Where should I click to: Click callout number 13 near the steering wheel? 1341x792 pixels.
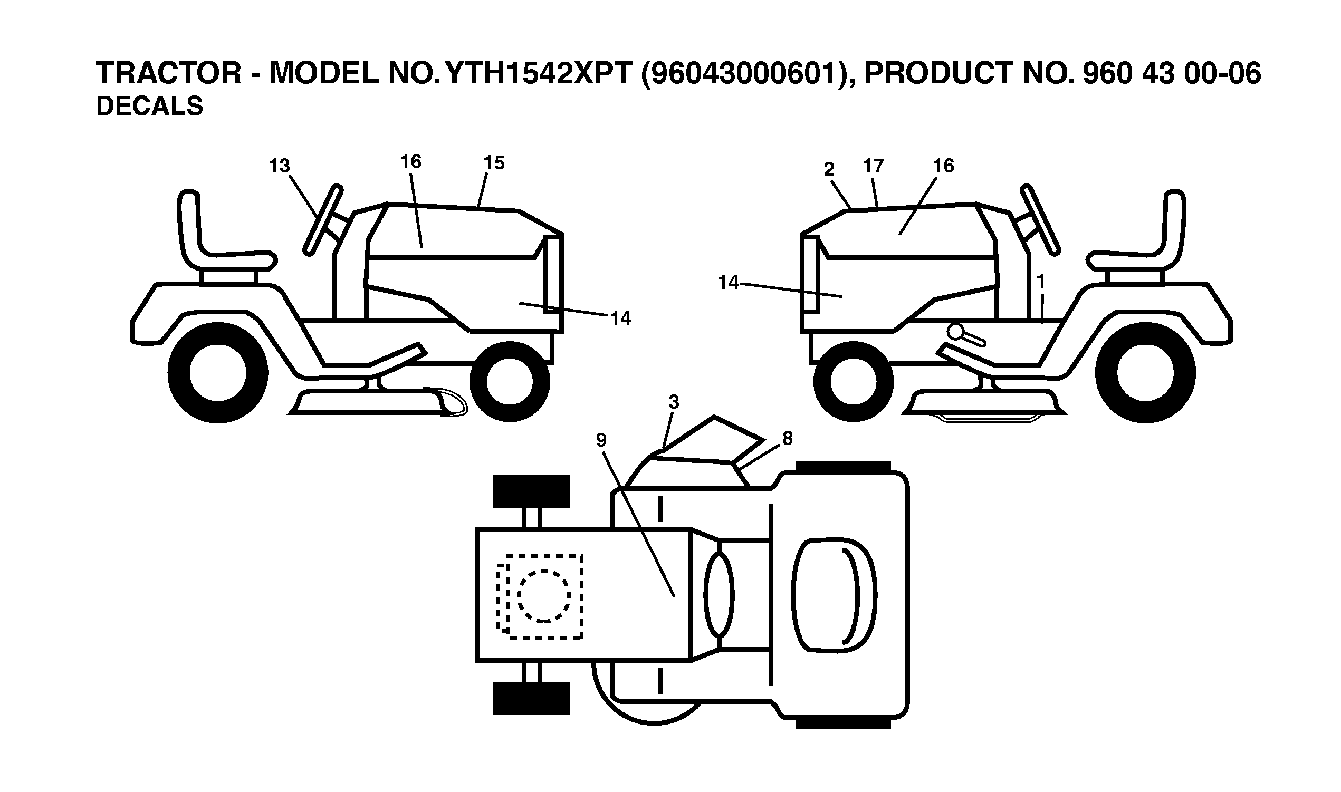(279, 166)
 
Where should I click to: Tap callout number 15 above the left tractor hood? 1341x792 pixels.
(494, 163)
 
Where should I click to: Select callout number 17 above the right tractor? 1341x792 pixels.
(874, 166)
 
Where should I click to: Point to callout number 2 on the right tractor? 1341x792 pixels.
(829, 169)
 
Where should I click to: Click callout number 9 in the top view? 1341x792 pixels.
(601, 440)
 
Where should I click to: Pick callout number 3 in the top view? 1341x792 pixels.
(674, 402)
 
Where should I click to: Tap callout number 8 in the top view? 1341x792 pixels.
(787, 438)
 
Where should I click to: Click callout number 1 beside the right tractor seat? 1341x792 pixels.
(1040, 281)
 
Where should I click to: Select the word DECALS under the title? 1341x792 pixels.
(149, 106)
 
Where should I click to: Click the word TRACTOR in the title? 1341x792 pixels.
(169, 73)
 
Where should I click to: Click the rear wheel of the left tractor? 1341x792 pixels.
(218, 372)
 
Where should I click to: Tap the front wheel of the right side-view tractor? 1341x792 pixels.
(853, 381)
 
